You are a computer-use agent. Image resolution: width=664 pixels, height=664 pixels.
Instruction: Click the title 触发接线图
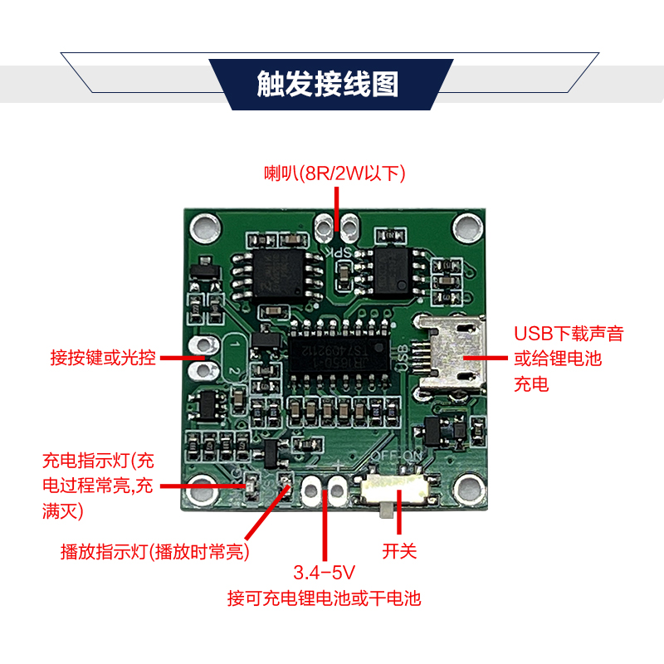[327, 84]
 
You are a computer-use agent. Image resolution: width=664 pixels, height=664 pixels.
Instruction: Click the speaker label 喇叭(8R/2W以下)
[334, 173]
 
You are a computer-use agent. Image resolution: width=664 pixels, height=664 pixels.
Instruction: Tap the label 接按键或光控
[103, 358]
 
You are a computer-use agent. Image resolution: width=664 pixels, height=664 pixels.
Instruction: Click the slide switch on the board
[396, 489]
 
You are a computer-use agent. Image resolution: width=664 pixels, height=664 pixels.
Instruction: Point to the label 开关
[399, 551]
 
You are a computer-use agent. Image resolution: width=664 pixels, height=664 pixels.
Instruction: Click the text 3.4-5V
[324, 573]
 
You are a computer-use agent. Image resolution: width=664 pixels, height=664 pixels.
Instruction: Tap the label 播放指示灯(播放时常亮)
[154, 551]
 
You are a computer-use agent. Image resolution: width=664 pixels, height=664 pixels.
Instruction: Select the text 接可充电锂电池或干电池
[324, 598]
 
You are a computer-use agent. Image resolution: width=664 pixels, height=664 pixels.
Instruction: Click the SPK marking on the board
[339, 253]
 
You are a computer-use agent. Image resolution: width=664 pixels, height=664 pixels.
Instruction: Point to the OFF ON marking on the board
[397, 456]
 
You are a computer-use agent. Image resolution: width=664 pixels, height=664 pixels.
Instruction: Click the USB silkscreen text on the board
[403, 359]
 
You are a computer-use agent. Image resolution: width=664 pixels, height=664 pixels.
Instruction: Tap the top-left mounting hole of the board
[205, 227]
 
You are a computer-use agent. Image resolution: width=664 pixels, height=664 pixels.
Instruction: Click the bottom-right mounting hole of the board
[469, 490]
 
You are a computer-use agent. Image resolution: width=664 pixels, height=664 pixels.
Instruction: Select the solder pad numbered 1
[204, 345]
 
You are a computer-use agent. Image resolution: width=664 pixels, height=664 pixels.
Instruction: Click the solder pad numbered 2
[204, 371]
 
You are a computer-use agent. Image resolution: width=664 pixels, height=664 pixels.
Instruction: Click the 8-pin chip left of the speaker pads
[277, 275]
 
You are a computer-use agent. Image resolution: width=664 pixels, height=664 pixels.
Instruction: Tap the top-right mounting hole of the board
[468, 227]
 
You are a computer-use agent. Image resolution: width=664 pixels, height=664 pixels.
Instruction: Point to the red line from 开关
[399, 512]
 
